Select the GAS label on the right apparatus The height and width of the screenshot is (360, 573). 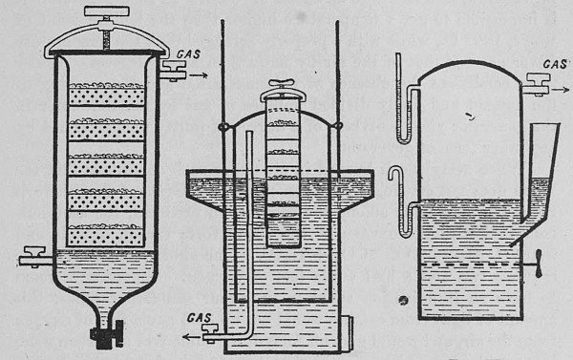pyautogui.click(x=556, y=63)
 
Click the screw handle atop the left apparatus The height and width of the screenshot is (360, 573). pyautogui.click(x=107, y=12)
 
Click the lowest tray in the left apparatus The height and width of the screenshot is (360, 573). pyautogui.click(x=107, y=234)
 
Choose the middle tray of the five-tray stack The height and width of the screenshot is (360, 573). pyautogui.click(x=107, y=163)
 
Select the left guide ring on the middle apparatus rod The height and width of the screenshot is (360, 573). pyautogui.click(x=222, y=127)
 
